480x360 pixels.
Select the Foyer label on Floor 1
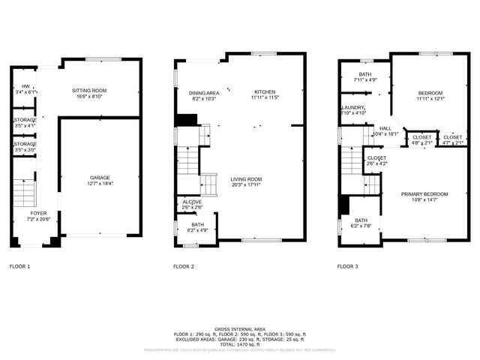point(37,214)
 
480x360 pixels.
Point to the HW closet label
point(25,86)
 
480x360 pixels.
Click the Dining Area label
point(202,92)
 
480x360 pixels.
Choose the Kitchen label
point(265,92)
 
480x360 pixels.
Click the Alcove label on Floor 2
point(192,202)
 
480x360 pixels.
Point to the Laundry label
point(353,107)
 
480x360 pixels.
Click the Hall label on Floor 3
point(385,128)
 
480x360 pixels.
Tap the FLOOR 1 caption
point(19,266)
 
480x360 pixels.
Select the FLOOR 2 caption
point(184,266)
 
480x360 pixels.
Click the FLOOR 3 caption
point(348,266)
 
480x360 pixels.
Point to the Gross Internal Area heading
point(239,328)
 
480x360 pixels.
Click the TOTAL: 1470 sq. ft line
point(239,342)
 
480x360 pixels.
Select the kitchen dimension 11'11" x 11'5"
point(265,98)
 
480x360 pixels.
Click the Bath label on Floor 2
point(197,223)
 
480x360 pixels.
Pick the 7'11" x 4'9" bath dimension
point(366,79)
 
